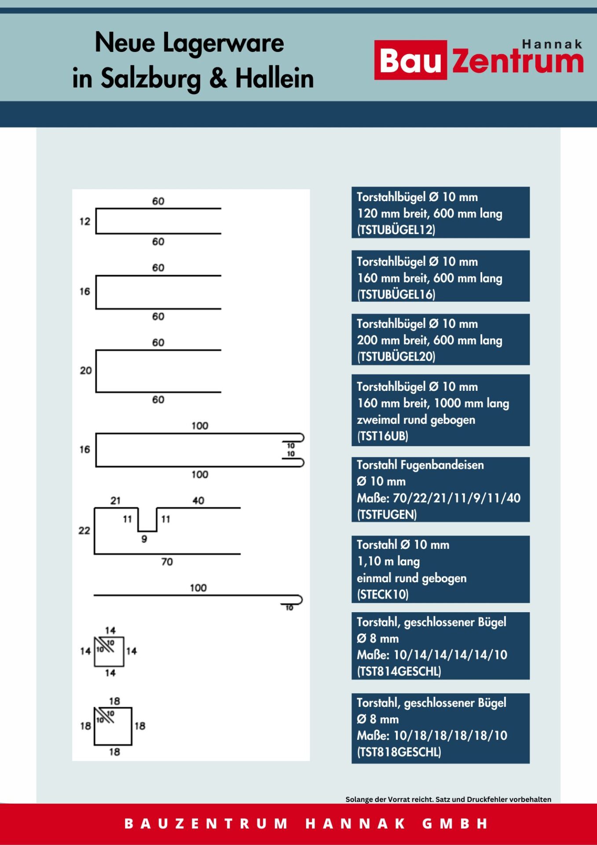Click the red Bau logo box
coord(410,60)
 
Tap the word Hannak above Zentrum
coord(552,44)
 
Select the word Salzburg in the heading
coord(151,78)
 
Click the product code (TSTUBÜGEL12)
coord(396,230)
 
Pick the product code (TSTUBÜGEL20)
coord(396,356)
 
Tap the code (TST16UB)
coord(382,436)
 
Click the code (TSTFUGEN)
coord(386,514)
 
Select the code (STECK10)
coord(383,595)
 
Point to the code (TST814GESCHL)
coord(399,671)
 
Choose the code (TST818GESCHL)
coord(399,752)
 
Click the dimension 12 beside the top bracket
coord(85,221)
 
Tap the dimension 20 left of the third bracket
coord(86,371)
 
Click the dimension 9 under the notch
coord(144,539)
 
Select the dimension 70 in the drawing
coord(167,562)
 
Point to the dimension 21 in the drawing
coord(115,501)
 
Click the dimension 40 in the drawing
coord(198,501)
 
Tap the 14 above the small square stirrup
coord(110,631)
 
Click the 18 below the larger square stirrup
coord(114,752)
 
